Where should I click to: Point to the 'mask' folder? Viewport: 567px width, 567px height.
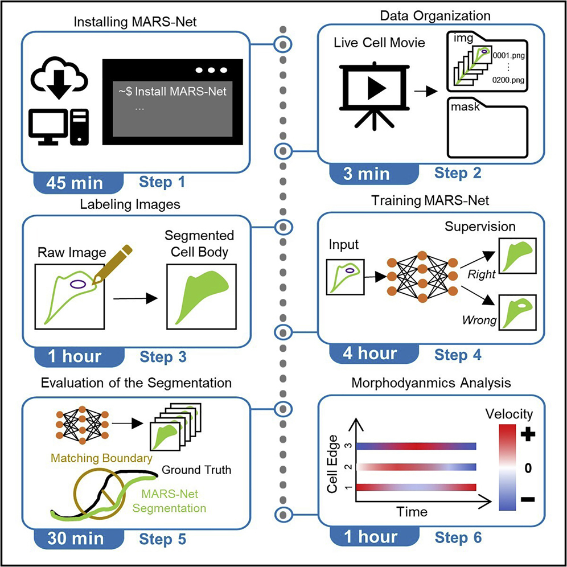pos(482,130)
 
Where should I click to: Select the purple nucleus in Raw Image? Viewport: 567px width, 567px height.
pos(79,282)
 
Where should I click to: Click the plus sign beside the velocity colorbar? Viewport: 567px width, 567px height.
pos(527,434)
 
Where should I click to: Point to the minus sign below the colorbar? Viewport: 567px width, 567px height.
pos(527,499)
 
